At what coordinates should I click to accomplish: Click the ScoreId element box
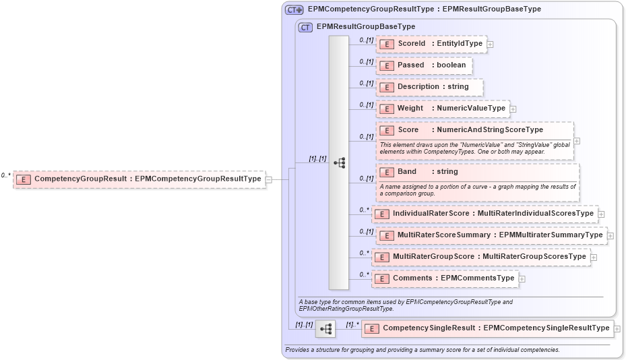431,44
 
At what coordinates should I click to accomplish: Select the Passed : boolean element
424,65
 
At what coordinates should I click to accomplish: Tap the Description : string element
429,87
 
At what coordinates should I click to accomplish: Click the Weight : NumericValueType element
442,109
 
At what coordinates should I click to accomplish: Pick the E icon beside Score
387,130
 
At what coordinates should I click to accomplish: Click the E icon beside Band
387,172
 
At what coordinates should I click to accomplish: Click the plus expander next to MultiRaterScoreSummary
611,235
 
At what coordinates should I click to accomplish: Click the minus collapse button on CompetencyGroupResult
269,179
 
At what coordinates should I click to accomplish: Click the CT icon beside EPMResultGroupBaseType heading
305,27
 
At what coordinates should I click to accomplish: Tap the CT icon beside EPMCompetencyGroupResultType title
294,9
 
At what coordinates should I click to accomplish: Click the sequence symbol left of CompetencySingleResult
325,329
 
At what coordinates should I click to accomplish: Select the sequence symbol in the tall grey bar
339,162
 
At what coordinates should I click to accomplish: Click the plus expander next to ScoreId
491,44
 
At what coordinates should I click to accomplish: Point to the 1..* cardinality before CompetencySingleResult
352,324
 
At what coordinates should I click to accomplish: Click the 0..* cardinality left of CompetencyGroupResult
6,175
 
